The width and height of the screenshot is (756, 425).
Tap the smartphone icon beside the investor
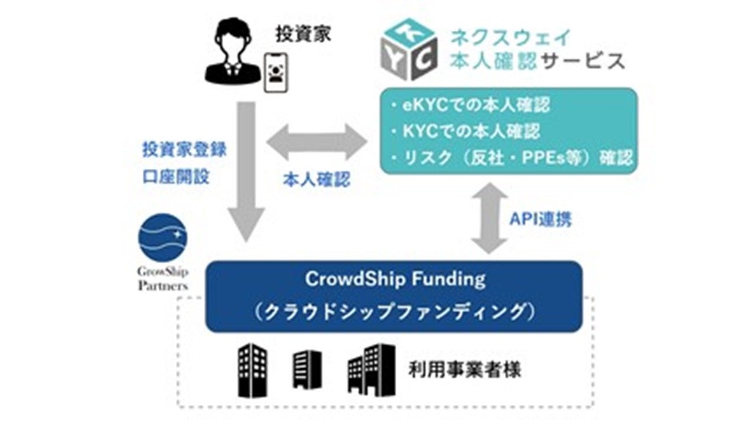[276, 73]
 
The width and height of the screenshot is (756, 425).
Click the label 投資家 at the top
[303, 34]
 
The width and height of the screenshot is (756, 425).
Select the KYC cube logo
[409, 49]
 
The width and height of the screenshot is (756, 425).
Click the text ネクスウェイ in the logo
[511, 38]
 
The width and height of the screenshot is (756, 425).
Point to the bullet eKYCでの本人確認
[470, 105]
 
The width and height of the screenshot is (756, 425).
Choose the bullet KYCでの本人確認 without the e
[465, 131]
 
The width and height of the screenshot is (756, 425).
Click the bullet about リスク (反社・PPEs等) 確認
[511, 158]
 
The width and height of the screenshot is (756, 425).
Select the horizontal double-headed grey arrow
[317, 142]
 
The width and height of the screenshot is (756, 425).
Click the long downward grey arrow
[246, 172]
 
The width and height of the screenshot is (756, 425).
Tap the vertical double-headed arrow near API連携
[490, 218]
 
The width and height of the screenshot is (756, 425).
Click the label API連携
[540, 219]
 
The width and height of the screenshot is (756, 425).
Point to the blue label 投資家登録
[184, 149]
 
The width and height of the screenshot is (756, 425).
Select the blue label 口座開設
[176, 176]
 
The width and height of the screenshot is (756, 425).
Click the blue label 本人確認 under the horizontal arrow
[317, 179]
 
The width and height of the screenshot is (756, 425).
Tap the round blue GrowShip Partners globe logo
[162, 237]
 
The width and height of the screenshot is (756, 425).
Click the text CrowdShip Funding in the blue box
[395, 279]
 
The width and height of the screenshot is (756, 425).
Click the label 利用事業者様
[465, 370]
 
